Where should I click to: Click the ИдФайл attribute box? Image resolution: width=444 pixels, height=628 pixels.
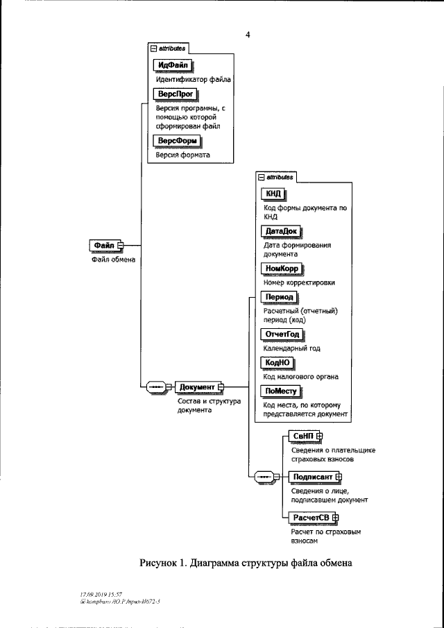tap(171, 66)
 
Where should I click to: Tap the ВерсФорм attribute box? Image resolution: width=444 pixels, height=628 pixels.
tap(176, 141)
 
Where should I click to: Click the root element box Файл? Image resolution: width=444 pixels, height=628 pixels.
tap(104, 246)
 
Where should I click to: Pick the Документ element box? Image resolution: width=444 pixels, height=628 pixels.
tap(196, 387)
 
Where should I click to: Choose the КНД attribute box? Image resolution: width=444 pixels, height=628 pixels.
tap(273, 193)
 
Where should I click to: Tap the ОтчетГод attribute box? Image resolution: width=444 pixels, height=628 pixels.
tap(282, 334)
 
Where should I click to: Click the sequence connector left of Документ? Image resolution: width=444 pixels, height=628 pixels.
tap(155, 387)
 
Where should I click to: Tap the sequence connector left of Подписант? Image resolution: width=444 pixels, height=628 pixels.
tap(265, 477)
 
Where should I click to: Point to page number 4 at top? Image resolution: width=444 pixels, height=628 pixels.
tap(247, 35)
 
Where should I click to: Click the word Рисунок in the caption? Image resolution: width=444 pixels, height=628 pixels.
tap(161, 563)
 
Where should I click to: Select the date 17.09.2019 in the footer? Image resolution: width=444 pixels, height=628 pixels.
tap(92, 595)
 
